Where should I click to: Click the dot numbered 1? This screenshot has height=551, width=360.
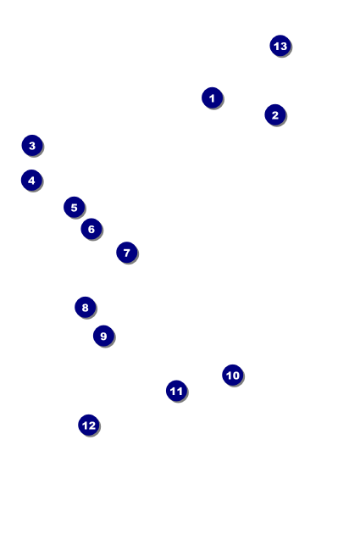212,97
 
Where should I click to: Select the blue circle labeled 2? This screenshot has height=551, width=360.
275,114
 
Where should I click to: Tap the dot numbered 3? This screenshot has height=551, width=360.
32,145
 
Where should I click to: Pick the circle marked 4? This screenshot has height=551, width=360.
31,181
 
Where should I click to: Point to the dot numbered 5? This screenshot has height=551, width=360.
74,207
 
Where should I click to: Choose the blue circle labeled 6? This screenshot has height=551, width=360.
91,229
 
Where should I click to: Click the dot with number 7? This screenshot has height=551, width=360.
127,253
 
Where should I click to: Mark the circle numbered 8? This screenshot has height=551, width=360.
85,308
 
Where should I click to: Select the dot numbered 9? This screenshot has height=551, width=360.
103,336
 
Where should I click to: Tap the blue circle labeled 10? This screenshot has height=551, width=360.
232,375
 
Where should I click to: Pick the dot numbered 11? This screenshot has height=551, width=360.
176,391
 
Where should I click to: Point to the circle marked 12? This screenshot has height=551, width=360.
88,426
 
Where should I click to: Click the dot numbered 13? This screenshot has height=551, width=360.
280,46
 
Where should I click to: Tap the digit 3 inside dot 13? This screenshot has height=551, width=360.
284,46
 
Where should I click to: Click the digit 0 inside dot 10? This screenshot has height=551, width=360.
235,376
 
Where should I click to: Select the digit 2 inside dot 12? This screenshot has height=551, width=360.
91,426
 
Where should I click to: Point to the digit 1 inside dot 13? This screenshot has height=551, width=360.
276,46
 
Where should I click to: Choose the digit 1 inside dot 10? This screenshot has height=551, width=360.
229,376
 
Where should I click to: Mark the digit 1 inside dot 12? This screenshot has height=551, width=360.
85,426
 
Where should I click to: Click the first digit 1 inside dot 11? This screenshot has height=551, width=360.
173,391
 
